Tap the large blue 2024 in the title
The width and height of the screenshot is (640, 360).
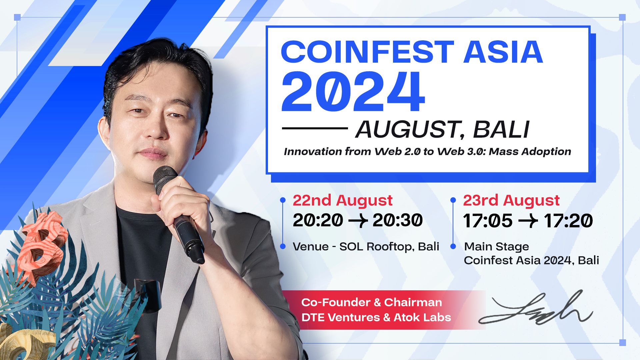click(353, 92)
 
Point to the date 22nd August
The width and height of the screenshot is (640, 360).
click(342, 201)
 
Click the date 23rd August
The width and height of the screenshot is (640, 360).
click(511, 201)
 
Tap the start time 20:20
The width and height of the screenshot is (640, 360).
click(318, 220)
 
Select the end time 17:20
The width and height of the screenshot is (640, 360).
click(568, 221)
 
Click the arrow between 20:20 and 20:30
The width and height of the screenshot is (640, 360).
click(358, 221)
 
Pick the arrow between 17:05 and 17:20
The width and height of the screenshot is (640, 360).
click(528, 221)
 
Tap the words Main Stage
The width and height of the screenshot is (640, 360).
click(496, 247)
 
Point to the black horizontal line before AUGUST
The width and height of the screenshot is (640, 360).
click(315, 128)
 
